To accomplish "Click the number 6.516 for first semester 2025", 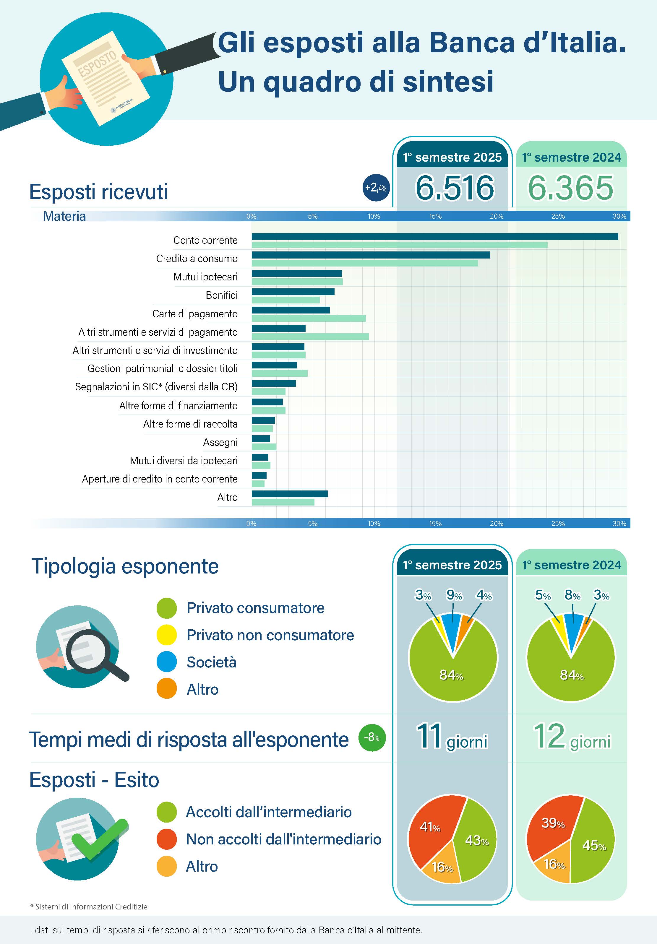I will pos(455,188).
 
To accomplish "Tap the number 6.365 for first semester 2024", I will pos(571,188).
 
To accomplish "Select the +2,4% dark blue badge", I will pos(376,188).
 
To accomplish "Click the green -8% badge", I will pos(372,737).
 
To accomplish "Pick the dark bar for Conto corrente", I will pos(434,236).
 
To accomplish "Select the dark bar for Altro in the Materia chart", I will pos(290,494).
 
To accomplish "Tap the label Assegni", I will pos(220,442).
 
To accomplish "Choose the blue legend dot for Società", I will pos(167,662).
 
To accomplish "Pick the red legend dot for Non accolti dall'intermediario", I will pos(167,839).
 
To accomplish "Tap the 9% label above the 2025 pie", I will pos(454,595).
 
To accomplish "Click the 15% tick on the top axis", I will pos(435,216).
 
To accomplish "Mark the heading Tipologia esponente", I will pos(125,566).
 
